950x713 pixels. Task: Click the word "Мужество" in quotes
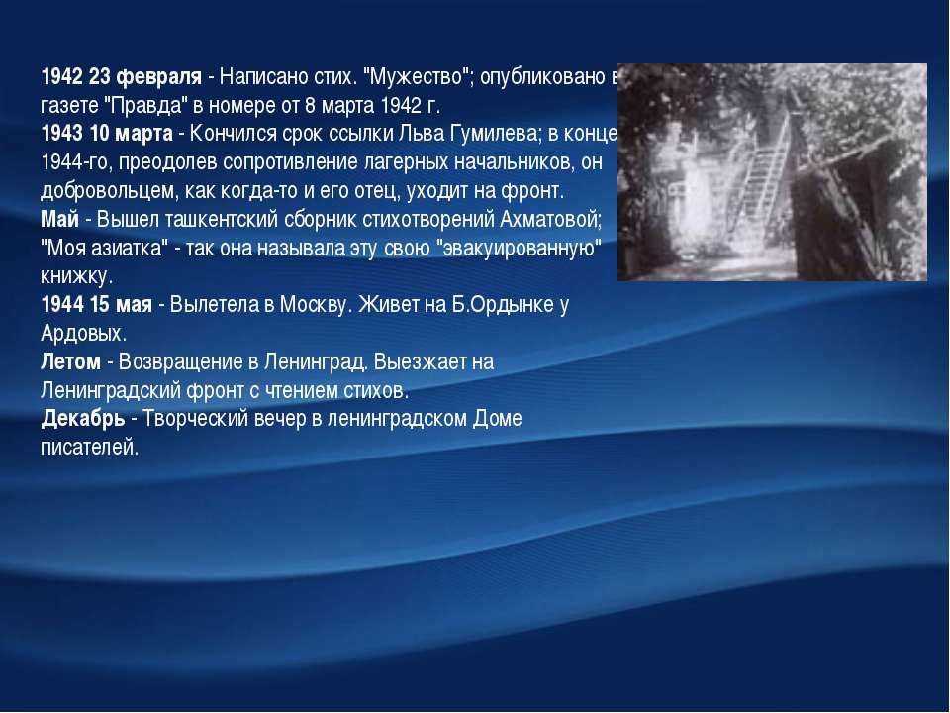click(x=416, y=77)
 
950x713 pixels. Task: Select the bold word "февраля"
click(x=158, y=77)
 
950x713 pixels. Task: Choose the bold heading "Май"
click(x=59, y=219)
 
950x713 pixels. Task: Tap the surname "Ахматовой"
click(x=549, y=219)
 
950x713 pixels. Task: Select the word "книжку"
click(x=76, y=276)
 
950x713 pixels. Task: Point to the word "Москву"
click(x=315, y=305)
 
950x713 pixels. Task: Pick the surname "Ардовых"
click(x=83, y=334)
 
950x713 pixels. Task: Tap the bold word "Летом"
click(x=71, y=362)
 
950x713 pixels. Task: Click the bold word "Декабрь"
click(x=83, y=419)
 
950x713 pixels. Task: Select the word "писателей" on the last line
click(x=89, y=448)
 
